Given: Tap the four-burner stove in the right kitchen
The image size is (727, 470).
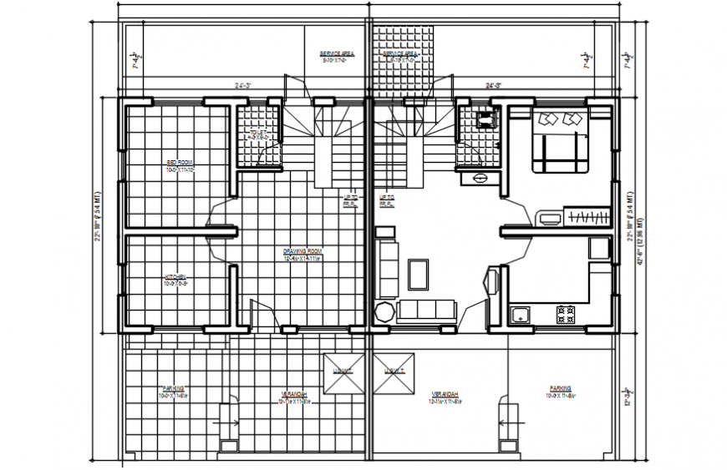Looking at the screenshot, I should [566, 315].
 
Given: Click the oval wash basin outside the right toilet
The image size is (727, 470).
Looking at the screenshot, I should [479, 178].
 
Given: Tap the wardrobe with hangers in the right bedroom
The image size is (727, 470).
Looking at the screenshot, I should [588, 219].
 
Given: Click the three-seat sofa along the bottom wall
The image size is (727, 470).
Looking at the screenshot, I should [426, 311].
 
